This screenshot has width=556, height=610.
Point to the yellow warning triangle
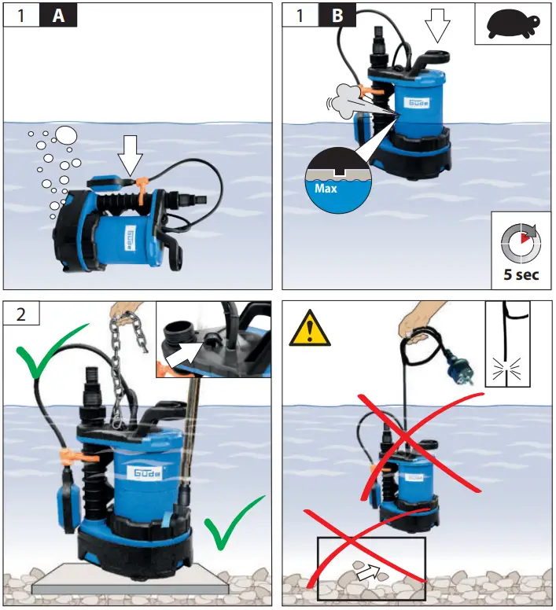pos(310,329)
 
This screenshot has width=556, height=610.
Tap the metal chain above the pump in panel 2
pos(123,370)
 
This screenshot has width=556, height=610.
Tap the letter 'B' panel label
pos(337,16)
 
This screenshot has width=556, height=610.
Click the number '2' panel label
pos(21,313)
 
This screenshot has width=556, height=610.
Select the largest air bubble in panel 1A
pos(65,135)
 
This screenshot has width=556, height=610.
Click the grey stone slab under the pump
pos(131,580)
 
